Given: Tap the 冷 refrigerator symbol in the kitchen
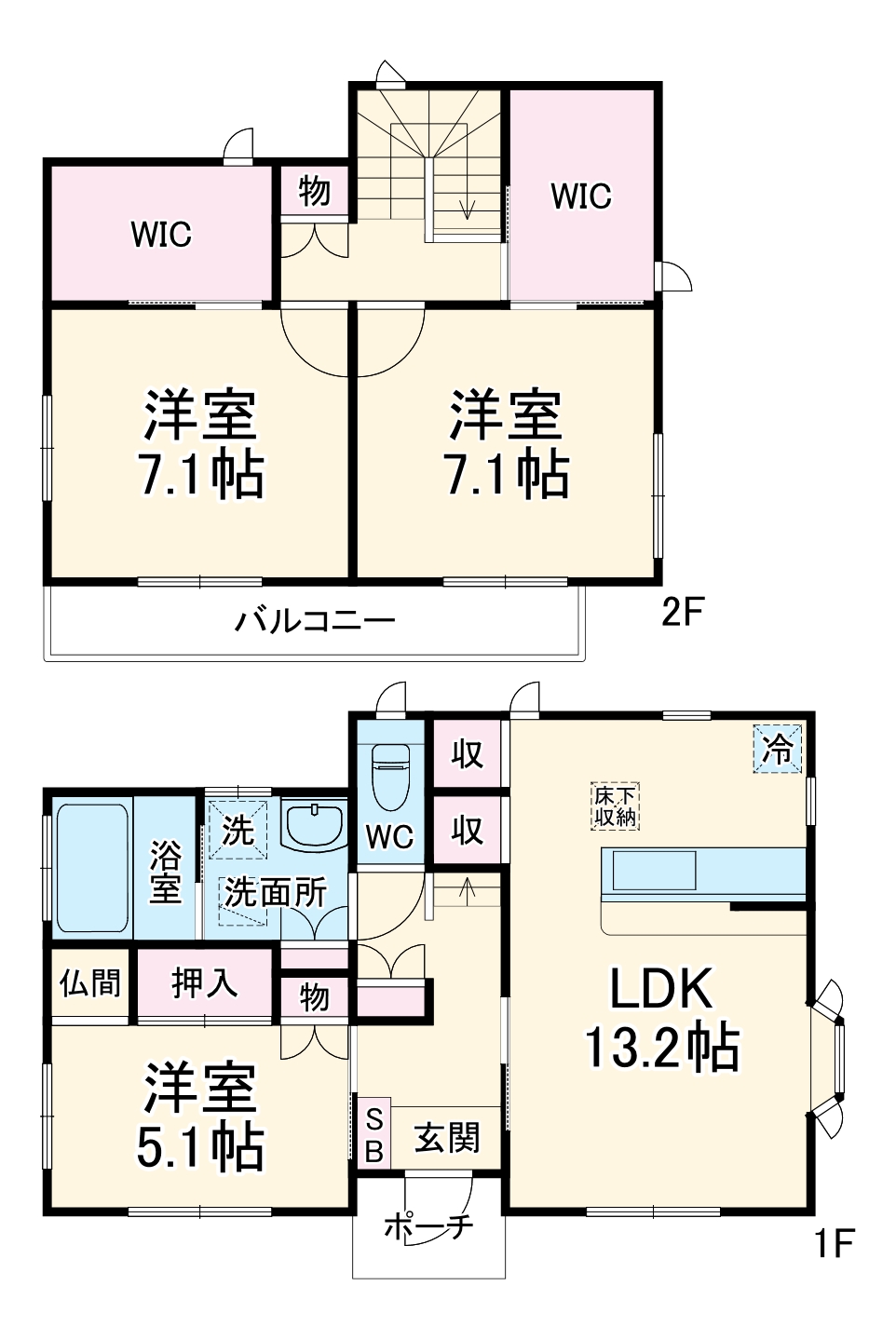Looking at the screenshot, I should (777, 749).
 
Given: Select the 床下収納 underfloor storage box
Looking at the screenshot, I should (616, 806).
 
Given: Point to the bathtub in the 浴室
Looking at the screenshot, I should (92, 867).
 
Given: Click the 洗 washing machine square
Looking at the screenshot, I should (238, 826).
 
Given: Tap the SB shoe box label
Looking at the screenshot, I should (373, 1135).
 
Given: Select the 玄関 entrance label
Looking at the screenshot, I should (446, 1137).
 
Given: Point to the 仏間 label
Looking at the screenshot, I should (90, 983).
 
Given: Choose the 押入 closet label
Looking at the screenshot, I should (204, 983).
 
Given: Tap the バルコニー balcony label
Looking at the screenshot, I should (315, 620).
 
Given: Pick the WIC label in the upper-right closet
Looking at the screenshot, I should (581, 196).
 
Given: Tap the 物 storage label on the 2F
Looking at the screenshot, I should (315, 192).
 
